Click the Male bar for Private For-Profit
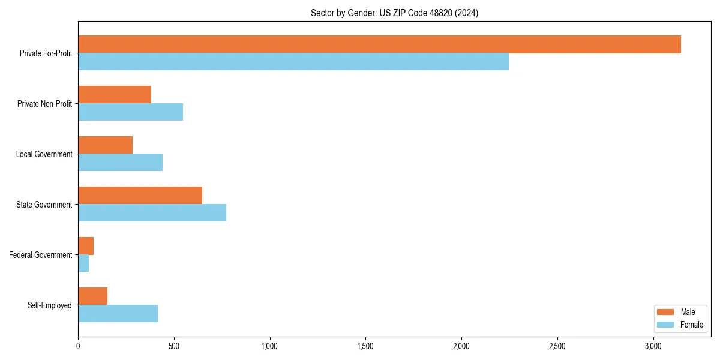(379, 44)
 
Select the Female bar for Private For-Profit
(293, 62)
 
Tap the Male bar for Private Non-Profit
(115, 95)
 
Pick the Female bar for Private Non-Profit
(130, 112)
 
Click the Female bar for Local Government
(120, 163)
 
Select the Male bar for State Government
(140, 196)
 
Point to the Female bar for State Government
(152, 213)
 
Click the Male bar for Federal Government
(86, 246)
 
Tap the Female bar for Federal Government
(83, 263)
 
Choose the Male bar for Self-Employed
(92, 296)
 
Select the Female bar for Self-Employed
(118, 314)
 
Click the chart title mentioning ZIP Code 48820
(394, 13)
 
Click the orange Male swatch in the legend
(666, 312)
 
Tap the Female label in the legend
(691, 325)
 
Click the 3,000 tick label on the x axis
(653, 347)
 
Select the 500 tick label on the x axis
(174, 347)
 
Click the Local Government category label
(44, 154)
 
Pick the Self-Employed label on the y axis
(50, 305)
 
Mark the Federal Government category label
(41, 255)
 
